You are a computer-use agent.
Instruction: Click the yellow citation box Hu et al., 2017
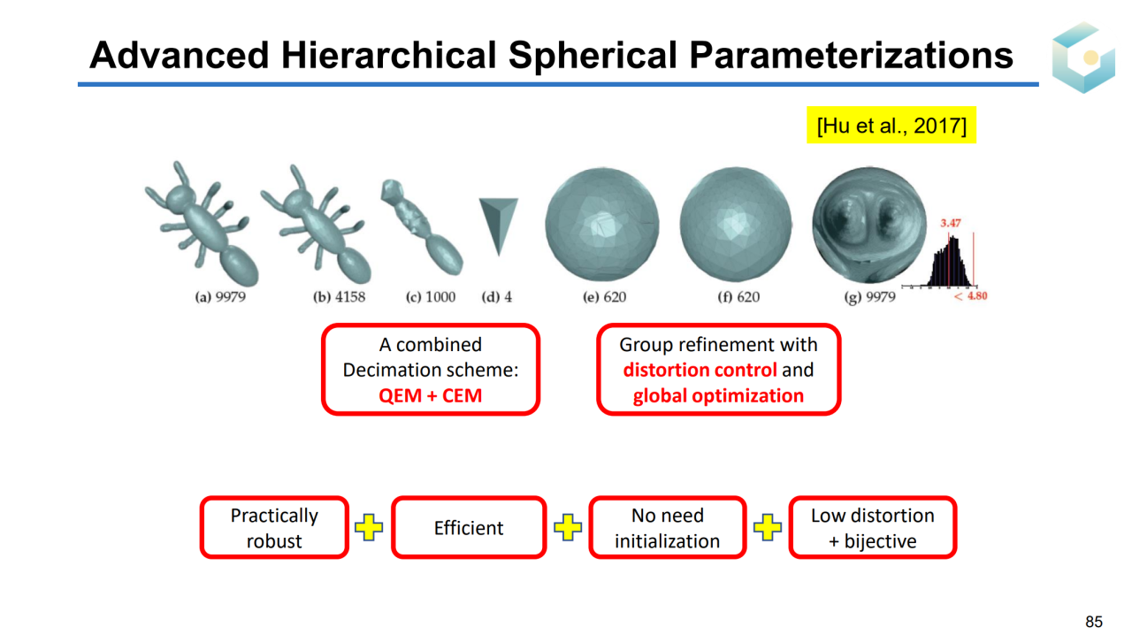891,125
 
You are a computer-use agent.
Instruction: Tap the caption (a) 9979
220,297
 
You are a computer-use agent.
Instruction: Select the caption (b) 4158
339,297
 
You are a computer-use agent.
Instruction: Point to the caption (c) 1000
431,297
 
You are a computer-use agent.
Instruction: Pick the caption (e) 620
604,297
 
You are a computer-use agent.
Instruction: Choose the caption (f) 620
738,297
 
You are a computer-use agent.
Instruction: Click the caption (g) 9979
869,297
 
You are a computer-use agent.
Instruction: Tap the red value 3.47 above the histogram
950,223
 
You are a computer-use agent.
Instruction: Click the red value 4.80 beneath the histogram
977,295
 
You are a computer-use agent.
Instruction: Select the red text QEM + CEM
431,395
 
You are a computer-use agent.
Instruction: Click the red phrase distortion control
700,370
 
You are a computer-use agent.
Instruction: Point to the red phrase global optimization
718,396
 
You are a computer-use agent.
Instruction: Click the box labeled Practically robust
274,527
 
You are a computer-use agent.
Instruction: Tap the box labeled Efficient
469,527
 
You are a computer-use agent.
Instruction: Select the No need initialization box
667,527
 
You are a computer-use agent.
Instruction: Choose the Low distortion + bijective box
873,527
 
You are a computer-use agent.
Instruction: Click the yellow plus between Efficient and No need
568,527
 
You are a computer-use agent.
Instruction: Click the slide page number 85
1094,622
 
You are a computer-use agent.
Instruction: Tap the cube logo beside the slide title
1083,57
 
